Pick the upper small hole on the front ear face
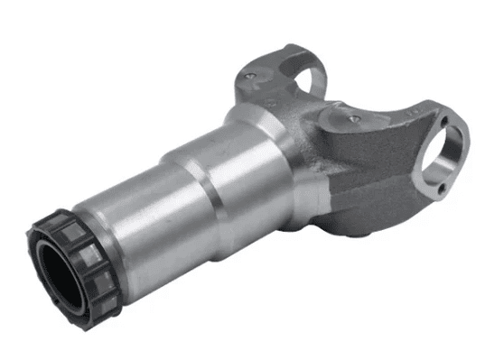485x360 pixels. (440, 113)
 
